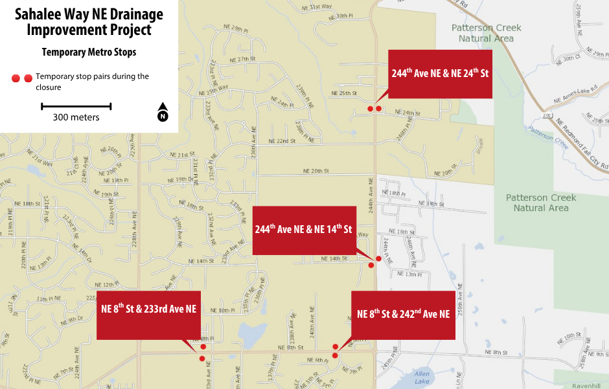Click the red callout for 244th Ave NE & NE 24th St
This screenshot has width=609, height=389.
(439, 73)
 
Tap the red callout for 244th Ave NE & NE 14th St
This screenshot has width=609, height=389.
(304, 230)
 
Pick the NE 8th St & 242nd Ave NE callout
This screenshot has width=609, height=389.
(403, 315)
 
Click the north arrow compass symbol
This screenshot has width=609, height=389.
(163, 112)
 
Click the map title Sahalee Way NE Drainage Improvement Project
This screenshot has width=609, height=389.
(89, 22)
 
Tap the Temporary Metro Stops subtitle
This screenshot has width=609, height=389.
(89, 52)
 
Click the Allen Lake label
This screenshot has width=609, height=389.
(422, 377)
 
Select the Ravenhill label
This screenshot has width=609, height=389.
(582, 385)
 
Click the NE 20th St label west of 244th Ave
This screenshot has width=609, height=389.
(317, 171)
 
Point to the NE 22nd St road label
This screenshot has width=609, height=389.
(282, 140)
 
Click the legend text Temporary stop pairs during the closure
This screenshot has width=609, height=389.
(92, 82)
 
